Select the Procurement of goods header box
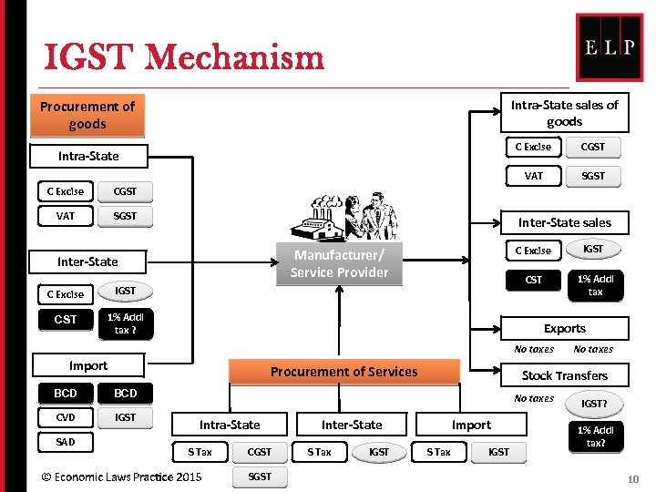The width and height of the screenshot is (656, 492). click(87, 116)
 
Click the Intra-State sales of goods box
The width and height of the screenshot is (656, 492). click(564, 113)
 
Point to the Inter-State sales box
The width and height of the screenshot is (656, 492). click(564, 222)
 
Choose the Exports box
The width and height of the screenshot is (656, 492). click(564, 328)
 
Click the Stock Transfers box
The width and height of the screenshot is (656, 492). click(564, 375)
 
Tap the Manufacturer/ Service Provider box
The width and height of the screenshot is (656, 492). click(339, 264)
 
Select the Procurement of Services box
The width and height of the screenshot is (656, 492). click(343, 372)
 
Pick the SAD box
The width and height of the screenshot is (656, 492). click(66, 442)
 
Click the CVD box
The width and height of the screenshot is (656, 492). click(66, 417)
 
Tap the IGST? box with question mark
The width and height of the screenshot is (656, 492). click(594, 403)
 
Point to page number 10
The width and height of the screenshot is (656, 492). click(633, 478)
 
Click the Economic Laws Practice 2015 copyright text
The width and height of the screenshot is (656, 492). click(116, 477)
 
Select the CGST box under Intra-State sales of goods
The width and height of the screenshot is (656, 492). click(592, 147)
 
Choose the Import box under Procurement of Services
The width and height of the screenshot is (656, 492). click(471, 425)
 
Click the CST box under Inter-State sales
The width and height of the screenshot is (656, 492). click(534, 280)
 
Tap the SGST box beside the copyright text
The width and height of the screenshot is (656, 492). click(260, 477)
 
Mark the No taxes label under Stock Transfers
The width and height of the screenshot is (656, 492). click(534, 398)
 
